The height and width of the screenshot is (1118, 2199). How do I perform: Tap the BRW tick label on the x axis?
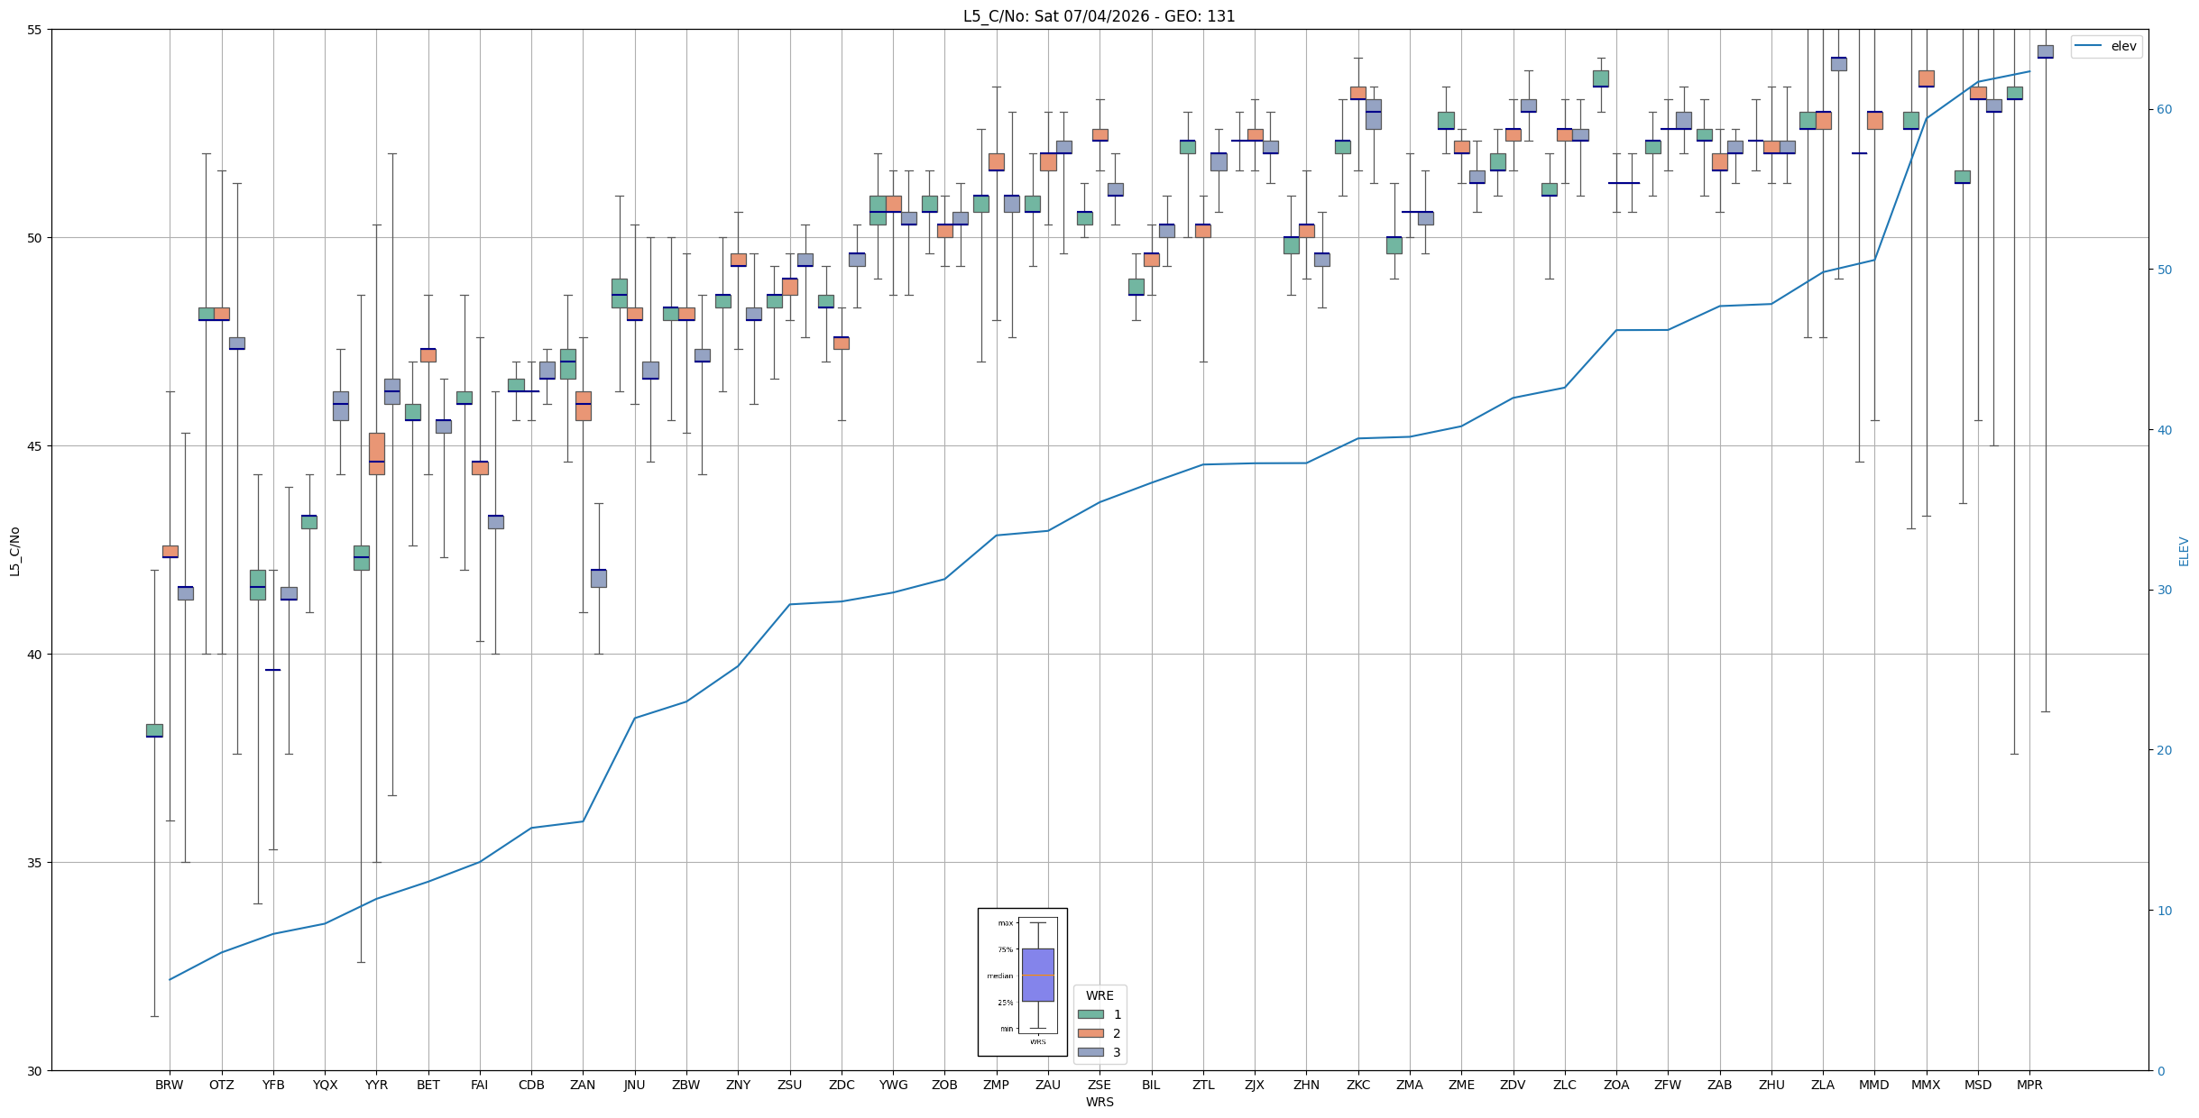point(170,1085)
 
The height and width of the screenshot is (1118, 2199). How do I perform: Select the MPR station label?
point(2029,1085)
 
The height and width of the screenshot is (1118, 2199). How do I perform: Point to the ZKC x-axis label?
point(1357,1085)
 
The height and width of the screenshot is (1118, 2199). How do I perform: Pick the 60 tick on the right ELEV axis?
point(2164,110)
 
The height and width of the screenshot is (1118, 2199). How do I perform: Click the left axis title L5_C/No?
point(14,551)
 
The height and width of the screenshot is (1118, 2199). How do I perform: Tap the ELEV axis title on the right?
point(2184,551)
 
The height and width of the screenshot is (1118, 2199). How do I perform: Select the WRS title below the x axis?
point(1099,1102)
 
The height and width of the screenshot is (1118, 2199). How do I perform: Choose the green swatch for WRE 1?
point(1090,1014)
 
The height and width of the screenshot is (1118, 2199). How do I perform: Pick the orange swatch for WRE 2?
point(1090,1033)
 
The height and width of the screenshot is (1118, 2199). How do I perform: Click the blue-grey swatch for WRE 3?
point(1090,1052)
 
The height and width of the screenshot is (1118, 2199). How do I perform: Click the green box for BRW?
point(154,730)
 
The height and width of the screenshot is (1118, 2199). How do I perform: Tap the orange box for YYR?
point(376,454)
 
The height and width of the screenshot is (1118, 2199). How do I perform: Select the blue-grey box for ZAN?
point(599,578)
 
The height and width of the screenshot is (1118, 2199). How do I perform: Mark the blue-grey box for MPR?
point(2045,51)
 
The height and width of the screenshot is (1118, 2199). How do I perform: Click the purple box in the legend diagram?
point(1037,975)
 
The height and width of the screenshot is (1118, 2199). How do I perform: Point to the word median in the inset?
point(999,976)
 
